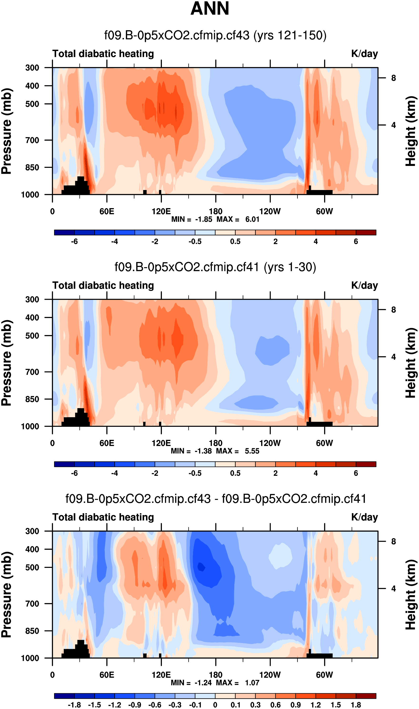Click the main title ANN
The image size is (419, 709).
(x=210, y=9)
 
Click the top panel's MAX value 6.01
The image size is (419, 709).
(x=252, y=219)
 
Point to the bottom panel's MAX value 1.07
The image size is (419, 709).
(x=252, y=683)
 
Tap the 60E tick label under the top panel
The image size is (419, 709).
(x=107, y=211)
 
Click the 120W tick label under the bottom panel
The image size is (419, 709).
(x=270, y=675)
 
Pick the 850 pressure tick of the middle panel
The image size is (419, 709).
(x=32, y=399)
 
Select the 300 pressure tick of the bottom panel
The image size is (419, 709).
(x=32, y=531)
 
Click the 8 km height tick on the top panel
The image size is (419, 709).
(x=393, y=78)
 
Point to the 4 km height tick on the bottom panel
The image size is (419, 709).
(x=393, y=589)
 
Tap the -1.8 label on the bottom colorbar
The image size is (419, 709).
(x=74, y=705)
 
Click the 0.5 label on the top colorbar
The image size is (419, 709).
(x=235, y=241)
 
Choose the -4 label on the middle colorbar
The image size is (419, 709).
(x=114, y=473)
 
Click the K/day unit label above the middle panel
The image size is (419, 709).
(x=364, y=286)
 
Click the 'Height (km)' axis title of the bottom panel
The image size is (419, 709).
(x=411, y=595)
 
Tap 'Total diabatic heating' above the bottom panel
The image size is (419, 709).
(x=103, y=517)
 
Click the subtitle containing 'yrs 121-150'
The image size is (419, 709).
(x=215, y=35)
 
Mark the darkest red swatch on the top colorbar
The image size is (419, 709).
(x=366, y=232)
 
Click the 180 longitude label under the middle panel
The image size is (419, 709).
(x=215, y=443)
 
